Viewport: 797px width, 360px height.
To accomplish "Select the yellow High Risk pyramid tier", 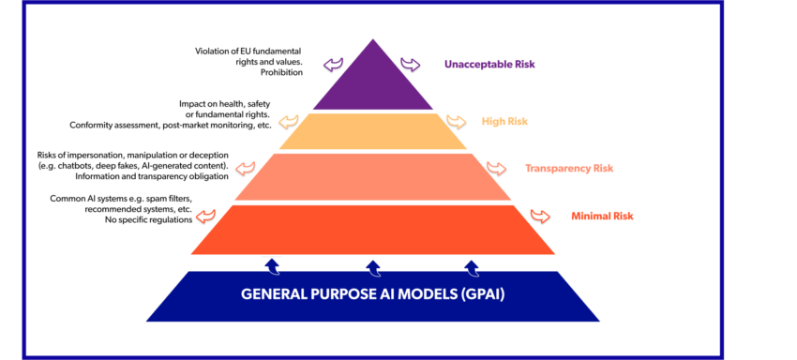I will pyautogui.click(x=372, y=131).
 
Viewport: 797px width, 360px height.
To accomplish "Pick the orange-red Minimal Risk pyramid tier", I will pyautogui.click(x=372, y=229).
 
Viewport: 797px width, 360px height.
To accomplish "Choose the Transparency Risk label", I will pyautogui.click(x=569, y=169).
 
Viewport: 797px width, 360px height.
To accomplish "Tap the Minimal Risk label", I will pyautogui.click(x=602, y=216).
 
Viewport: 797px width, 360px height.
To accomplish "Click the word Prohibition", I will pyautogui.click(x=282, y=72).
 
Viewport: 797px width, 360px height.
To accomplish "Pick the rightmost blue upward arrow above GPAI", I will pyautogui.click(x=474, y=266).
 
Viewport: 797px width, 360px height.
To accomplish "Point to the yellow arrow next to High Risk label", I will pyautogui.click(x=456, y=121).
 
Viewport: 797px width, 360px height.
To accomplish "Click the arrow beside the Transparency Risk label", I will pyautogui.click(x=495, y=169).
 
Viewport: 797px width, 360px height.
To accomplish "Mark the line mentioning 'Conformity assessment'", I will pyautogui.click(x=170, y=126).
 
